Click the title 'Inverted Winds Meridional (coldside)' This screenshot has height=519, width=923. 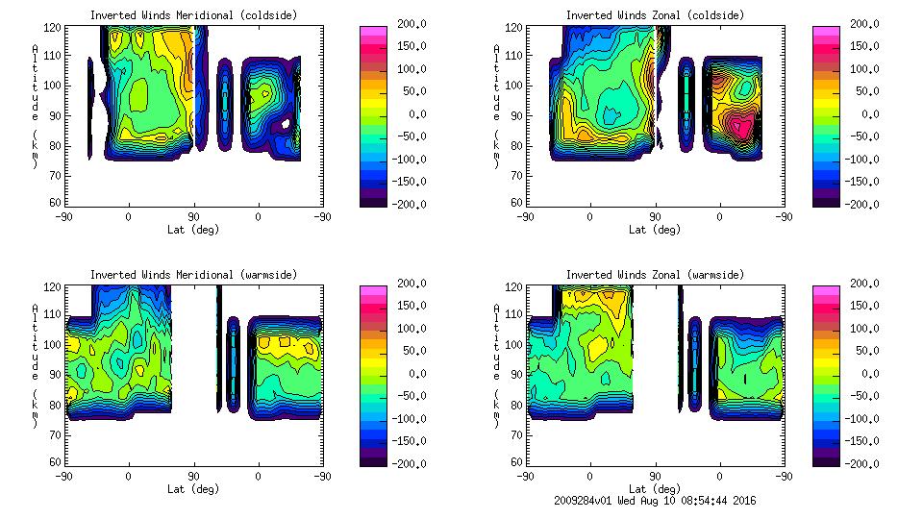tap(193, 15)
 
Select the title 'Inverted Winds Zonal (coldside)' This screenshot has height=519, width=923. tap(655, 15)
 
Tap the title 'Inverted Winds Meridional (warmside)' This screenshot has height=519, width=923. tap(193, 275)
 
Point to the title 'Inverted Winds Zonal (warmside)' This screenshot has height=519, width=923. tap(655, 275)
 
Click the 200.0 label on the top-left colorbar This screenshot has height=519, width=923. tap(406, 24)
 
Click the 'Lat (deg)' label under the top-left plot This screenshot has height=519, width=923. tap(193, 230)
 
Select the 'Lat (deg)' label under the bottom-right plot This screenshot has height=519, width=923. tap(655, 489)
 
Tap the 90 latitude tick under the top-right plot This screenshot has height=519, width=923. tap(655, 217)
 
